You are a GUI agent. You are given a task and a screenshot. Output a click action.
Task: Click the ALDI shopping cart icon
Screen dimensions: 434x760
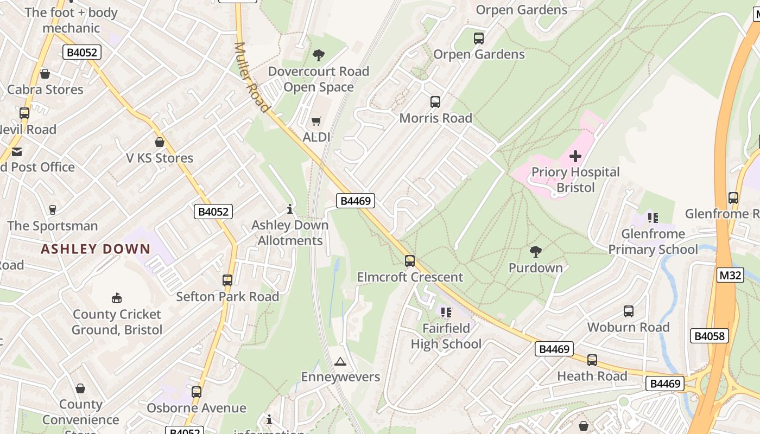316,121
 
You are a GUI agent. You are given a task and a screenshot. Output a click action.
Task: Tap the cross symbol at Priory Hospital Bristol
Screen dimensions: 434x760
575,156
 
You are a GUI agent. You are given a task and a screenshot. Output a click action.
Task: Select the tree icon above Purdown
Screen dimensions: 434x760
536,251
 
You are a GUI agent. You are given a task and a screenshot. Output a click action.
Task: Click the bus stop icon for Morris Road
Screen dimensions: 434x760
435,102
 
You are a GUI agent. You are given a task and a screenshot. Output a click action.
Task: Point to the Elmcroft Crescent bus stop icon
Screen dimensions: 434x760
410,261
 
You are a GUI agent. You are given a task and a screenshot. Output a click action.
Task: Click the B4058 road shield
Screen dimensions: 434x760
710,336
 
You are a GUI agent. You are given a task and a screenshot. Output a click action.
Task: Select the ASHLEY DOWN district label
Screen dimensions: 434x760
96,250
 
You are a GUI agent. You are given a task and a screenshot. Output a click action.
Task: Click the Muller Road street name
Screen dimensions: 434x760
251,77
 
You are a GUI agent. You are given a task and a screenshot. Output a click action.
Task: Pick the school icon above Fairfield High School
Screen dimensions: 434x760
446,312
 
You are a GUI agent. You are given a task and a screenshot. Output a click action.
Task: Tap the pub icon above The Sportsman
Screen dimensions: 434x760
53,210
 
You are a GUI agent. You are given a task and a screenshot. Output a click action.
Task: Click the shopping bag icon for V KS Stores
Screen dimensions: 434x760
160,142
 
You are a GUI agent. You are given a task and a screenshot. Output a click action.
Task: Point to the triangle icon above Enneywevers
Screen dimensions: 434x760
340,361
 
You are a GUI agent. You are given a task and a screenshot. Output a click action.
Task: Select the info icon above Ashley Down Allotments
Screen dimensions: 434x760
290,209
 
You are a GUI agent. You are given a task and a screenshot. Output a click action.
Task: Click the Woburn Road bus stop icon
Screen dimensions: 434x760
629,311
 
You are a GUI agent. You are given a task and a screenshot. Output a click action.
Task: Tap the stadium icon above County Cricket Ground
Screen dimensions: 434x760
117,298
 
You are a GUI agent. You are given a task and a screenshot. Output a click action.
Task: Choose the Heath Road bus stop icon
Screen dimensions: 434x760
592,360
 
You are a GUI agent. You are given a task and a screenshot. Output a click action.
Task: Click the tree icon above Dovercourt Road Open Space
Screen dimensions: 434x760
319,55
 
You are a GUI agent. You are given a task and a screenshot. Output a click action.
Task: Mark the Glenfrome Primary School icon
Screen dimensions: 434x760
653,218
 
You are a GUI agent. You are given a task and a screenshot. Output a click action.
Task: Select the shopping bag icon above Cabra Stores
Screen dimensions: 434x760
45,74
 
